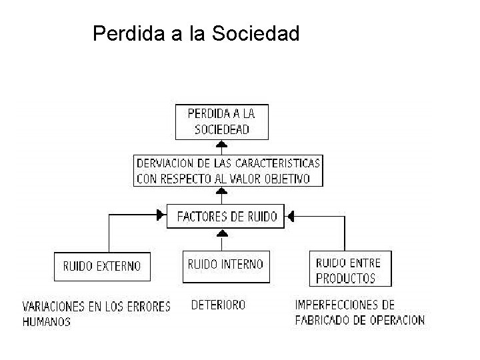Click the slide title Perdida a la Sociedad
click(x=196, y=33)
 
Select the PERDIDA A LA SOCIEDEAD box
click(x=222, y=121)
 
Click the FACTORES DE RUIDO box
click(x=226, y=216)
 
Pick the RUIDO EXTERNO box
click(x=102, y=266)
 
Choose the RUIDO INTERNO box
click(x=225, y=265)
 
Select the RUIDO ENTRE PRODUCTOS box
click(x=350, y=270)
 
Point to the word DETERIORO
click(x=218, y=305)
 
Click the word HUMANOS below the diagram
click(x=47, y=321)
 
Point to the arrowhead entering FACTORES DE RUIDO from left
click(x=161, y=215)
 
